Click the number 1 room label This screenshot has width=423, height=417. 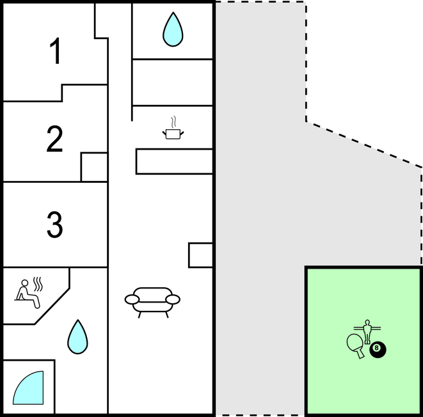pos(56,51)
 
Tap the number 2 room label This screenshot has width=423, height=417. pos(54,139)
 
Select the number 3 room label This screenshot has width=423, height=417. pos(55,224)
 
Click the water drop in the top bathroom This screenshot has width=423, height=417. pos(173,29)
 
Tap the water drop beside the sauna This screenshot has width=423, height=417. pos(77,337)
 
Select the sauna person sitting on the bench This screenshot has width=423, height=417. pos(27,294)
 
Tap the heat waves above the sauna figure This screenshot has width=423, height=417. pos(38,284)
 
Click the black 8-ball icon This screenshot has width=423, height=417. pos(378,350)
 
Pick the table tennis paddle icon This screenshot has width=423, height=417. pos(356,346)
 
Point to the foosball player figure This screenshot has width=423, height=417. pos(367,331)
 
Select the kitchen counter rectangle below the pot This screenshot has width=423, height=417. pos(174,161)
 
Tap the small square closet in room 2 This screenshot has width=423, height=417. pos(94,167)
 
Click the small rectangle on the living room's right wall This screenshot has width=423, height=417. pos(201,255)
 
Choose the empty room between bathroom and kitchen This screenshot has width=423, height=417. pos(173,83)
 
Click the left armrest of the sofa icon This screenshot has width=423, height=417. pos(132,299)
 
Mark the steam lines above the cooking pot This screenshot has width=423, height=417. pos(174,122)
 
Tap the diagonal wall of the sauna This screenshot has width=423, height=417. pos(52,306)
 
